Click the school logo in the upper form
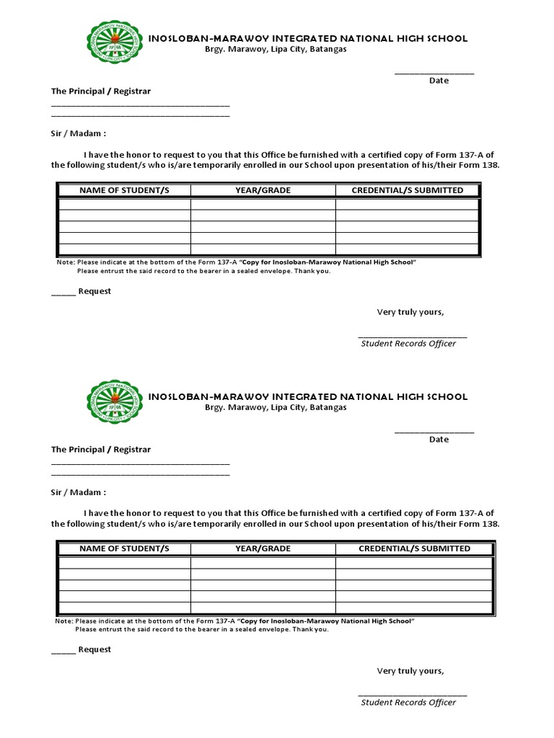(115, 43)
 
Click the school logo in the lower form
(115, 401)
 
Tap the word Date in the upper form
(439, 81)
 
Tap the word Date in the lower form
(439, 440)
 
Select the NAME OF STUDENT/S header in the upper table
(124, 190)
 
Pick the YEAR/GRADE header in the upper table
(263, 190)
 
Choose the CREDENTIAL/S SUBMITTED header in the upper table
(408, 190)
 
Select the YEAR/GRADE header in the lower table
(263, 549)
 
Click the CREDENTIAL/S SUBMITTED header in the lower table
(415, 549)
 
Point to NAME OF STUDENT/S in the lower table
(124, 549)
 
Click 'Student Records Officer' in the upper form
(408, 344)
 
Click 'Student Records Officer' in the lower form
(408, 703)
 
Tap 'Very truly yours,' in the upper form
(410, 312)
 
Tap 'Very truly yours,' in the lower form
(410, 671)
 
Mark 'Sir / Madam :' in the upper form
(79, 134)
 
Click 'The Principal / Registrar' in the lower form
(101, 450)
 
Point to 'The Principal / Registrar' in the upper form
(101, 92)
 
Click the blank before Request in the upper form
(63, 293)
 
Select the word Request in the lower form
(94, 650)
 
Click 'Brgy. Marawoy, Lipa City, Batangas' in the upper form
(276, 49)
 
